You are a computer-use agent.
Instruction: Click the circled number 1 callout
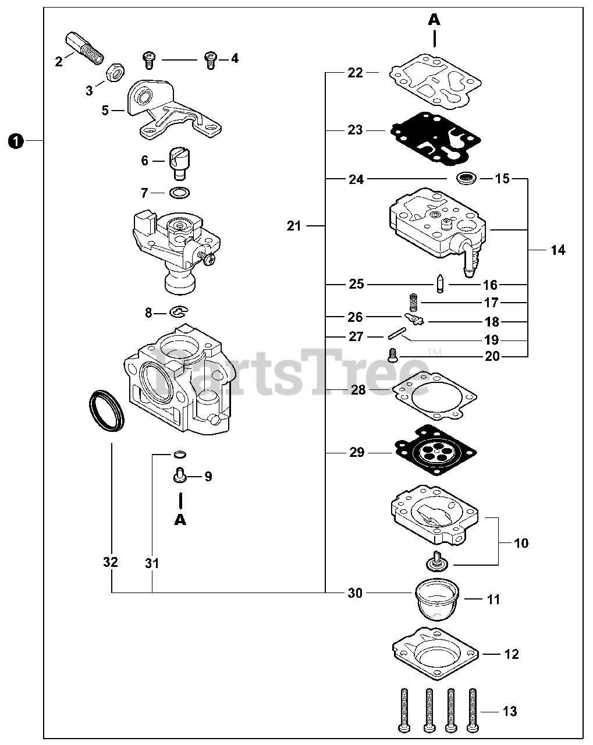[x=15, y=140]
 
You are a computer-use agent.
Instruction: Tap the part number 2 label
[x=59, y=62]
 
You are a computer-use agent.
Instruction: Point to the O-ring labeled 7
[x=180, y=193]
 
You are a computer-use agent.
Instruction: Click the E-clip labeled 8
[x=179, y=313]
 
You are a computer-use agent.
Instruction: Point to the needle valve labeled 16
[x=441, y=285]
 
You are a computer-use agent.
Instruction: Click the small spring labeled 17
[x=413, y=303]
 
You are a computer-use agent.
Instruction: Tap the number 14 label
[x=558, y=250]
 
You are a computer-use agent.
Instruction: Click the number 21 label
[x=294, y=225]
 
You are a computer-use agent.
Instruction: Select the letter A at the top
[x=434, y=20]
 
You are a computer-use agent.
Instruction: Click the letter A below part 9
[x=180, y=519]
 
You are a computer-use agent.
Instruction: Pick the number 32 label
[x=111, y=562]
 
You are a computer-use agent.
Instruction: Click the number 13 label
[x=509, y=711]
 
